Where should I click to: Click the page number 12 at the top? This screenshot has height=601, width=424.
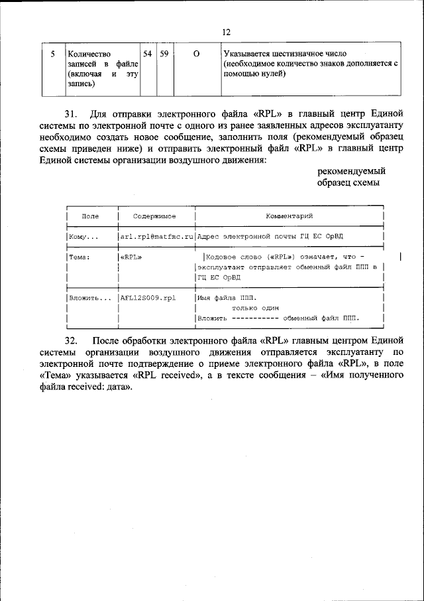point(227,32)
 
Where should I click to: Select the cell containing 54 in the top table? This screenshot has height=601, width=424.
point(148,53)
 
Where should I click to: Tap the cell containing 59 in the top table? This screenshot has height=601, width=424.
point(164,53)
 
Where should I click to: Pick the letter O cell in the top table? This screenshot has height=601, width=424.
point(197,53)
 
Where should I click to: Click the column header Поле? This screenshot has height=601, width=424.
point(91,216)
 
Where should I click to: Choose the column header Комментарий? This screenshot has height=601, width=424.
point(290,216)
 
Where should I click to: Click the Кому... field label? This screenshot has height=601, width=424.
point(83,236)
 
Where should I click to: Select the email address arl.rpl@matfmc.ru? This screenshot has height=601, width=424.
point(156,236)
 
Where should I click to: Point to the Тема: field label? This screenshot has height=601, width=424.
point(79,256)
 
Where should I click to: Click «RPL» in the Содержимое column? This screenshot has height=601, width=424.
point(131,256)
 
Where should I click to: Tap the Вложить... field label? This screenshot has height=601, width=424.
point(90,298)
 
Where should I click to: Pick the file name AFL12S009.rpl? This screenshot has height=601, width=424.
point(148,298)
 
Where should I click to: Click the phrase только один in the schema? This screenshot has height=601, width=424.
point(255,308)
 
